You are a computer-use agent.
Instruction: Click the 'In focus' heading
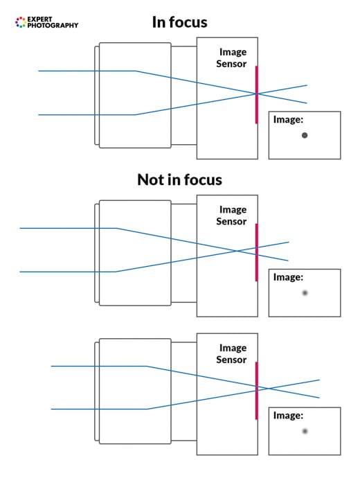179,22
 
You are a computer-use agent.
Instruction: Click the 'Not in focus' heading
179,180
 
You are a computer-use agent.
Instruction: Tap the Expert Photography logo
46,22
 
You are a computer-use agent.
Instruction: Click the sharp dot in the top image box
305,136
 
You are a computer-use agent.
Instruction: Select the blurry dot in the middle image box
305,293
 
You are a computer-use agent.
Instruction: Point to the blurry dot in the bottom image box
305,432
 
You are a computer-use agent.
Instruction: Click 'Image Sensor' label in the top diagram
232,58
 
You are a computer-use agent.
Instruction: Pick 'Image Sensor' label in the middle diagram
232,215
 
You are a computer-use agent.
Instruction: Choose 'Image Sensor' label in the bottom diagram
232,354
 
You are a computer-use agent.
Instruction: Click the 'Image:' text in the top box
288,120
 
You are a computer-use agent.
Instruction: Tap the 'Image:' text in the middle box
288,277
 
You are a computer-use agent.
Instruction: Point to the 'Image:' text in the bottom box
288,416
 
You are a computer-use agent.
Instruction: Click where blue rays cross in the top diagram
257,94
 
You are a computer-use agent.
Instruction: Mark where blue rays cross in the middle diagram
237,250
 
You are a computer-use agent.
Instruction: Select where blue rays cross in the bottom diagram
269,388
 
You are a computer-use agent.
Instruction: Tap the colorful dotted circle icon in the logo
20,23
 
